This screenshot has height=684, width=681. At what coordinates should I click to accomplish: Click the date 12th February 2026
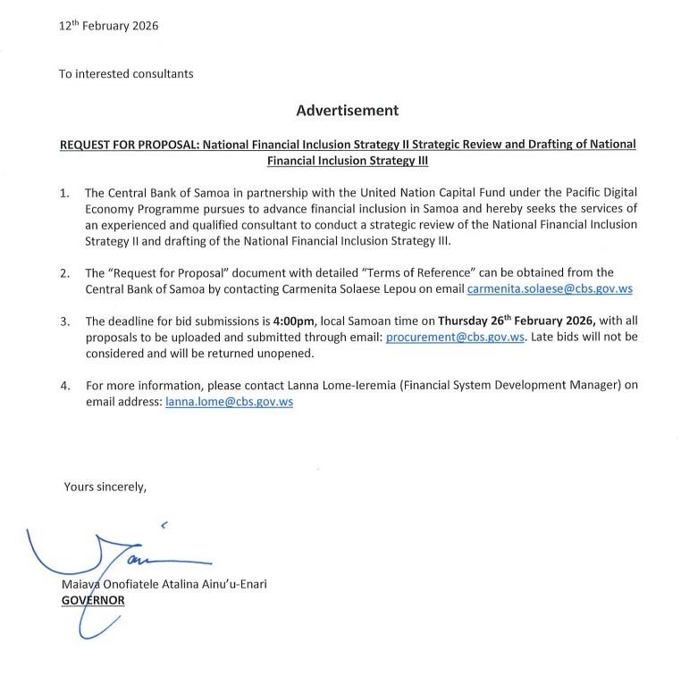[108, 26]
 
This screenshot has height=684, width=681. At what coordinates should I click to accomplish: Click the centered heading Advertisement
[347, 111]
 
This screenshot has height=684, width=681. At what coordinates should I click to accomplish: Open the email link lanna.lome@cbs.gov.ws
[230, 402]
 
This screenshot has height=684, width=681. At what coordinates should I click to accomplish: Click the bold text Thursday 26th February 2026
[517, 321]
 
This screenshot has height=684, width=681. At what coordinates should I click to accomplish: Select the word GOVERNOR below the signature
[93, 600]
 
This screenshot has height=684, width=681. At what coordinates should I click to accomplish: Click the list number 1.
[63, 193]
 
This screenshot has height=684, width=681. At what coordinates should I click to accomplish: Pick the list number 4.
[63, 386]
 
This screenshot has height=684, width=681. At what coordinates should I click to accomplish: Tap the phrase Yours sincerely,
[105, 487]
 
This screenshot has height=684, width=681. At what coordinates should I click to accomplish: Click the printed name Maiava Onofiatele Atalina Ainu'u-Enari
[164, 584]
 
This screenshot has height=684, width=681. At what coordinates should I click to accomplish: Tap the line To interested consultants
[126, 73]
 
